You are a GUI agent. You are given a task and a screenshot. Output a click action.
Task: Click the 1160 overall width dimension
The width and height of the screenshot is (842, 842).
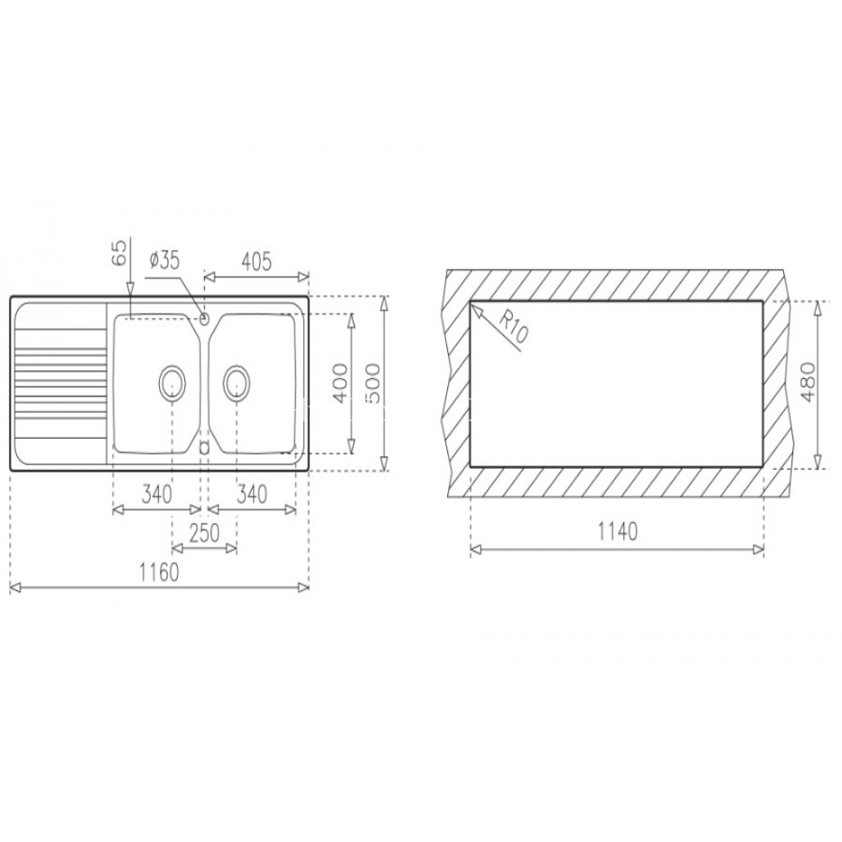[159, 573]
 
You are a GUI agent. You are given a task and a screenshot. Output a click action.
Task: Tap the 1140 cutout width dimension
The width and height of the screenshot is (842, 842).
[617, 531]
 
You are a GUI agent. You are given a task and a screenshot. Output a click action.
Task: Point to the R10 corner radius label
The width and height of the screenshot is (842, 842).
[514, 328]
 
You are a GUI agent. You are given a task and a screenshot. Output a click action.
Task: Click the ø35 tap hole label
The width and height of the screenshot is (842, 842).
[164, 261]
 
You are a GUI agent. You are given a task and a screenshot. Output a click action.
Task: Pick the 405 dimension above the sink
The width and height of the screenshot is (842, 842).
[257, 262]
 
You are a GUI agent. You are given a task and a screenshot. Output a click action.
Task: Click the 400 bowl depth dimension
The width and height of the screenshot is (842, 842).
[340, 383]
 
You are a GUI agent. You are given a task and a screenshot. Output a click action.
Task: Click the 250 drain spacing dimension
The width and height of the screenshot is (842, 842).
[205, 533]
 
